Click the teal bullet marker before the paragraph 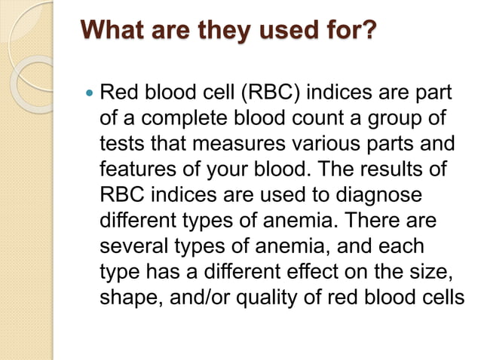[90, 95]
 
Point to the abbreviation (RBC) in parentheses [268, 94]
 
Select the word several [130, 246]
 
